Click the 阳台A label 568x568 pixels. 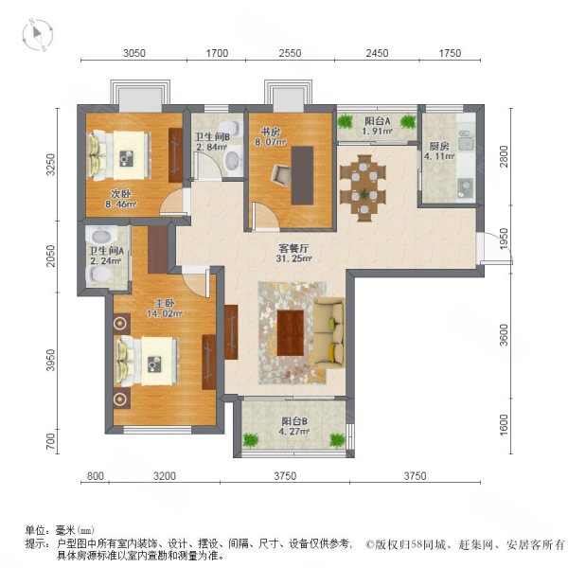click(378, 120)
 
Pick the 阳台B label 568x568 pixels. click(293, 423)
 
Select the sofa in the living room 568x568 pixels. click(330, 332)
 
